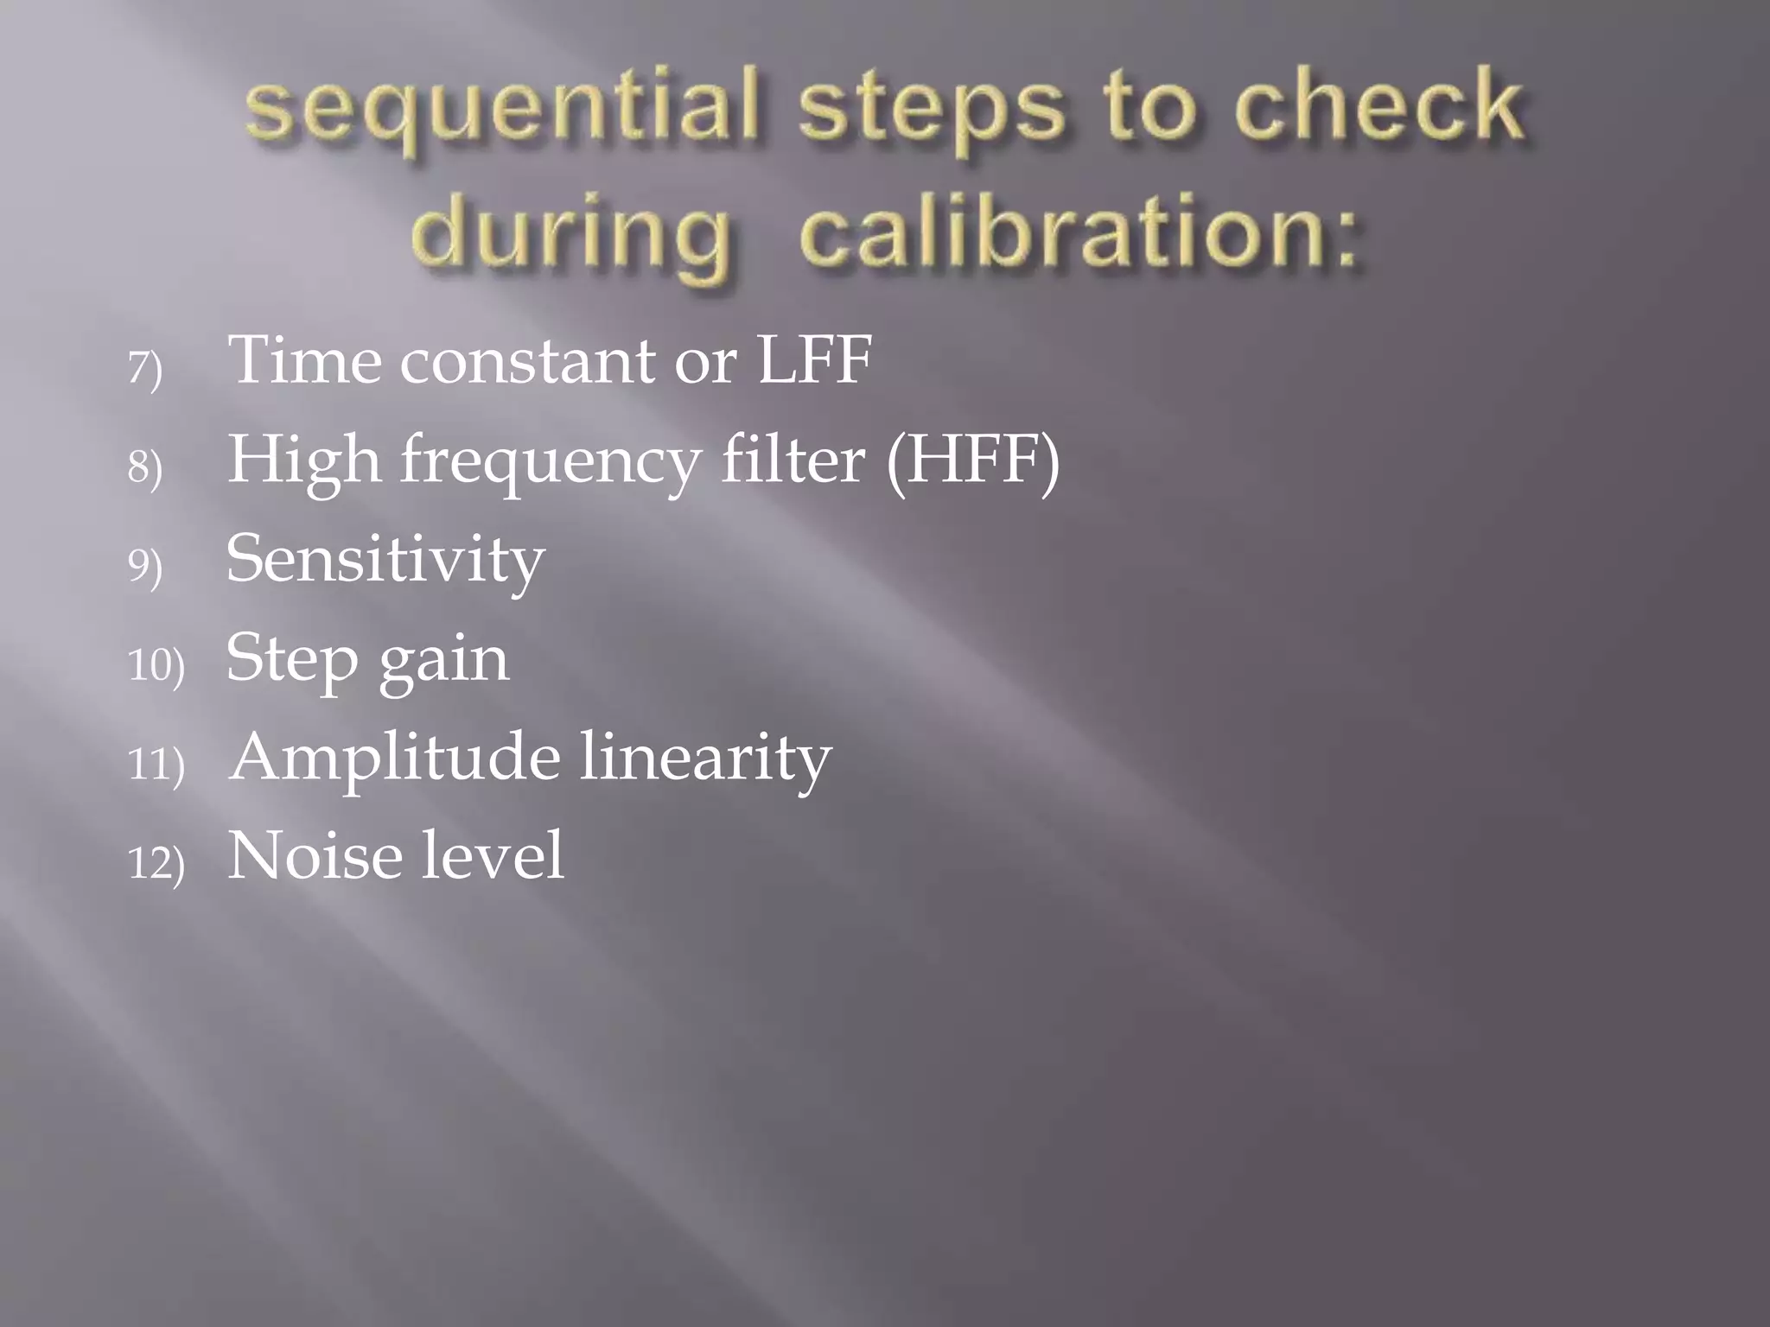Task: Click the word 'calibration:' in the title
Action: (1080, 230)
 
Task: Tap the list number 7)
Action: (145, 369)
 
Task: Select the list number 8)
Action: (145, 467)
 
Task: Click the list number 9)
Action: (145, 567)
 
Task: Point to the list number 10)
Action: (156, 666)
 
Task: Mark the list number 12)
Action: (156, 863)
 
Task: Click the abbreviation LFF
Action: (814, 359)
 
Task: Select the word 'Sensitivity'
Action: (385, 560)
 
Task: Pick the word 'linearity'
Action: (704, 759)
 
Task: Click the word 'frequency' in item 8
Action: (550, 463)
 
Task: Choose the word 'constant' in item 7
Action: (526, 361)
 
